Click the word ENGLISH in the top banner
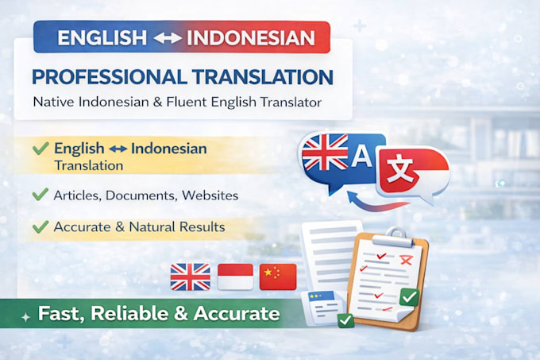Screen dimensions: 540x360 click(x=102, y=37)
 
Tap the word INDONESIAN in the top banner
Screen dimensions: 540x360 click(x=251, y=37)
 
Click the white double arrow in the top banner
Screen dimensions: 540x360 click(x=167, y=38)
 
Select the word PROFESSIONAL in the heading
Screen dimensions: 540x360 click(x=110, y=77)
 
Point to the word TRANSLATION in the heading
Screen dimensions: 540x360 click(x=263, y=77)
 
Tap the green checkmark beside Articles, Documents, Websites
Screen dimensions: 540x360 click(x=40, y=194)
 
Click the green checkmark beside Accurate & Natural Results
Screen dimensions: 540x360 click(x=40, y=226)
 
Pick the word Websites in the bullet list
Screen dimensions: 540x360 click(x=210, y=195)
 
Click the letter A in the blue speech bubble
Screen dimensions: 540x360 click(x=361, y=156)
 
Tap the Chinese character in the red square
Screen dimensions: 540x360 click(x=399, y=168)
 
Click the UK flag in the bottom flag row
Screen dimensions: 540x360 click(x=191, y=277)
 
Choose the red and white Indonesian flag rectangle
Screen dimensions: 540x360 click(x=236, y=277)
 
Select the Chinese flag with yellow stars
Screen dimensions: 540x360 click(x=278, y=277)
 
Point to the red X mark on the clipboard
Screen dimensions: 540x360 click(x=406, y=260)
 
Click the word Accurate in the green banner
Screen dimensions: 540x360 click(x=237, y=313)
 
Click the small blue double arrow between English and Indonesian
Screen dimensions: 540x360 click(x=118, y=149)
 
